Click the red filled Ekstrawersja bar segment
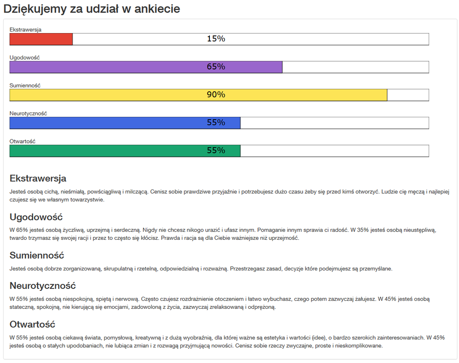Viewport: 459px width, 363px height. [41, 39]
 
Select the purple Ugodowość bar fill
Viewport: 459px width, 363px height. [115, 67]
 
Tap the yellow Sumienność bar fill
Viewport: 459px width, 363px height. [115, 95]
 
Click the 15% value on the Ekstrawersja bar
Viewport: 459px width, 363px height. [216, 39]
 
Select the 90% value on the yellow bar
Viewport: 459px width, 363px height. [216, 95]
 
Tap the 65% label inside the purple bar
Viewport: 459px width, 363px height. [216, 67]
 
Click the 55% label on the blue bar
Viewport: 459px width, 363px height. [216, 123]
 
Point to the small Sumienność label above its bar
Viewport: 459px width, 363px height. [25, 86]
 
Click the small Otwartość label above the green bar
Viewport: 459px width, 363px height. [23, 141]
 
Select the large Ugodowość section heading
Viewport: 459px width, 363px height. [36, 217]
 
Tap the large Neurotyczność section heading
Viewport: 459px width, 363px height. [43, 286]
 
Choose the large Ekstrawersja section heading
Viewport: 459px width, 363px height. [38, 179]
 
